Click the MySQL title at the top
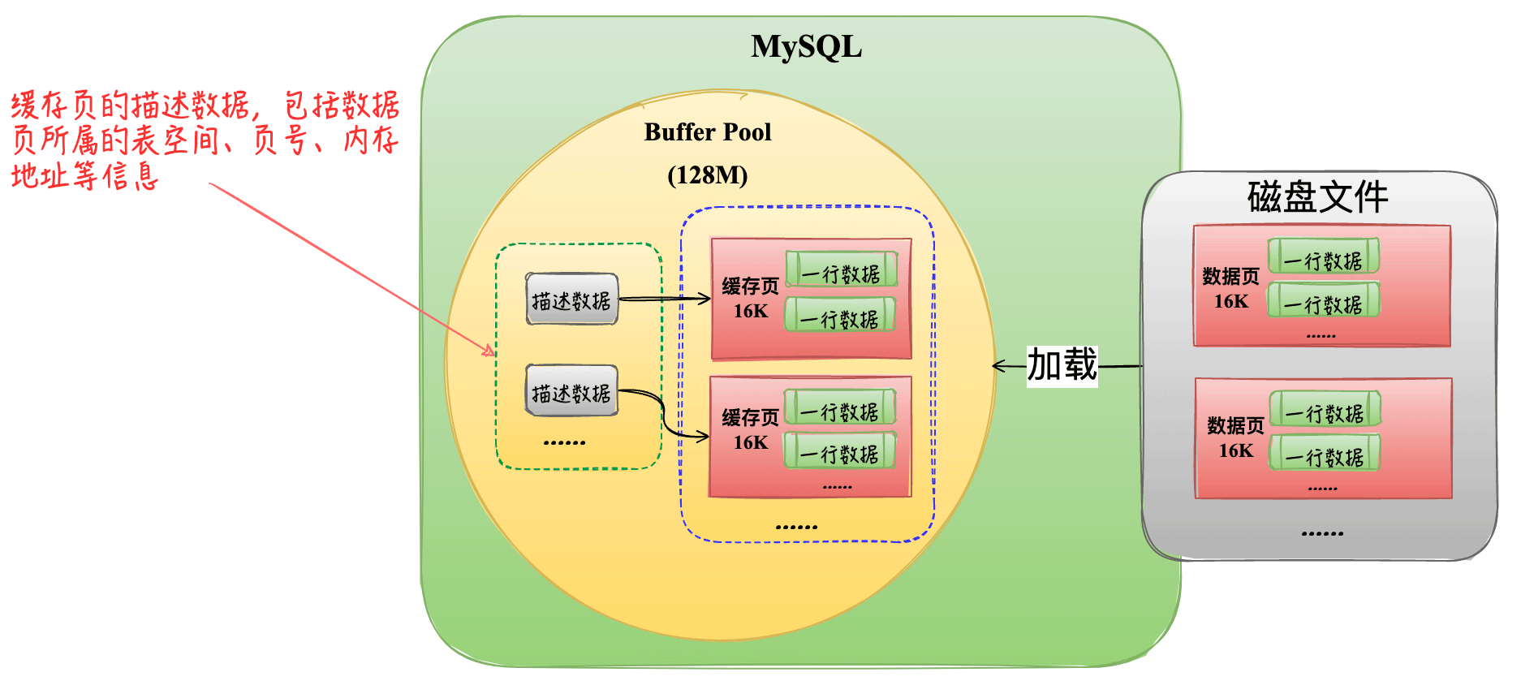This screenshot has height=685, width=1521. click(806, 46)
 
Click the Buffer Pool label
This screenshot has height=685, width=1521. click(707, 131)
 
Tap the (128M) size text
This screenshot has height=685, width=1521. click(707, 174)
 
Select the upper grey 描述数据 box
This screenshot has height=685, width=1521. click(571, 299)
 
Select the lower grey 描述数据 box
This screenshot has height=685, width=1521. click(571, 392)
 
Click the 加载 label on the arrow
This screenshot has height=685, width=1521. click(1062, 365)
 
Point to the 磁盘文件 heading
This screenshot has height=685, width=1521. click(1317, 197)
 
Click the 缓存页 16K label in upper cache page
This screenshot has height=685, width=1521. click(750, 298)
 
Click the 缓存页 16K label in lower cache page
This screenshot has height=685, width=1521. click(750, 429)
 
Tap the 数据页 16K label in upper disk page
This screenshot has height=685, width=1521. click(1230, 288)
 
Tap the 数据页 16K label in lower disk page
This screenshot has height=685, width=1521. click(1235, 437)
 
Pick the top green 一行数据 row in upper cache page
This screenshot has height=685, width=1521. click(842, 270)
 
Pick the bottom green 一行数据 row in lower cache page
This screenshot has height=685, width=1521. click(839, 451)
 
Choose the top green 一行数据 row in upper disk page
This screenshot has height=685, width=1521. click(1323, 257)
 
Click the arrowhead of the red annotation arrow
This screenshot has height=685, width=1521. click(491, 353)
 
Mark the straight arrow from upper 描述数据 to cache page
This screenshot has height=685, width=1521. click(664, 299)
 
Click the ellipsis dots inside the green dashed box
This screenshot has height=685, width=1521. click(564, 442)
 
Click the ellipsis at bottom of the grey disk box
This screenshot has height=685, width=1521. click(1322, 533)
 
